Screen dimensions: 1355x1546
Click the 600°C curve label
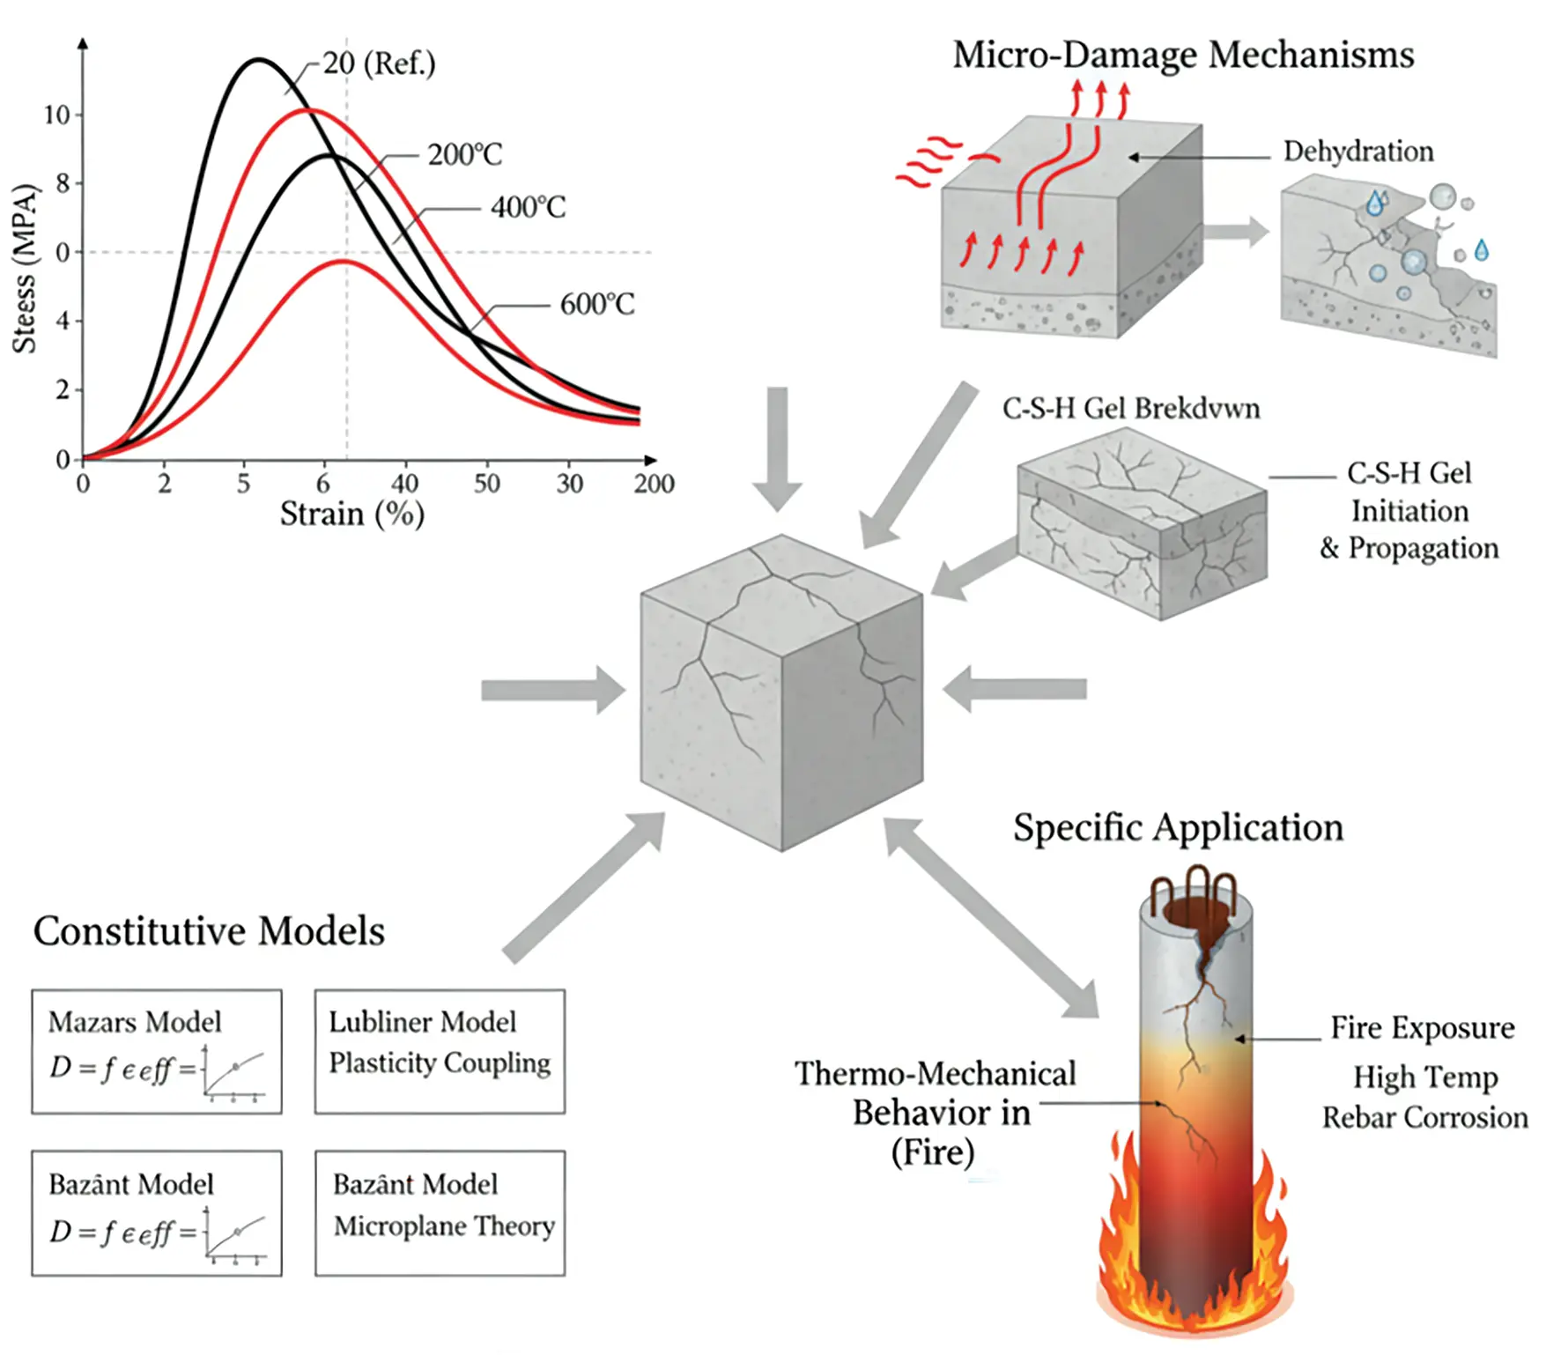pyautogui.click(x=597, y=305)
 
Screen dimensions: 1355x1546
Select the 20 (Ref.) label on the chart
pyautogui.click(x=379, y=63)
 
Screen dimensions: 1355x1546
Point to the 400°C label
pyautogui.click(x=528, y=208)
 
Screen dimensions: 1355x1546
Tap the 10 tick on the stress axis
pyautogui.click(x=56, y=115)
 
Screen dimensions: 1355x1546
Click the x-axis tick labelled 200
pyautogui.click(x=654, y=484)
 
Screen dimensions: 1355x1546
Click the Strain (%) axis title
pyautogui.click(x=351, y=514)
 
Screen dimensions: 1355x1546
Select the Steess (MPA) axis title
pyautogui.click(x=25, y=269)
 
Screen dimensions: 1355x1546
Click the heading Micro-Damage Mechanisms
pyautogui.click(x=1183, y=55)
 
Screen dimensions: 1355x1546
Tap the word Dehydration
pyautogui.click(x=1357, y=152)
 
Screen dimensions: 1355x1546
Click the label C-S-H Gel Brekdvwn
pyautogui.click(x=1131, y=409)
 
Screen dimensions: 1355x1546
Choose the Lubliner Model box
pyautogui.click(x=440, y=1051)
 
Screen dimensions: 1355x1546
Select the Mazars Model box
pyautogui.click(x=157, y=1051)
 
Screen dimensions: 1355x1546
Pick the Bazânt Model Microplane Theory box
pyautogui.click(x=440, y=1212)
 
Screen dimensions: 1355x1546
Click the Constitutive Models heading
pyautogui.click(x=209, y=931)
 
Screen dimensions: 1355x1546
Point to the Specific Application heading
pyautogui.click(x=1178, y=828)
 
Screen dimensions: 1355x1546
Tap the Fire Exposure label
pyautogui.click(x=1422, y=1028)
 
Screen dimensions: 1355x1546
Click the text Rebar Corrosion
pyautogui.click(x=1424, y=1118)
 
